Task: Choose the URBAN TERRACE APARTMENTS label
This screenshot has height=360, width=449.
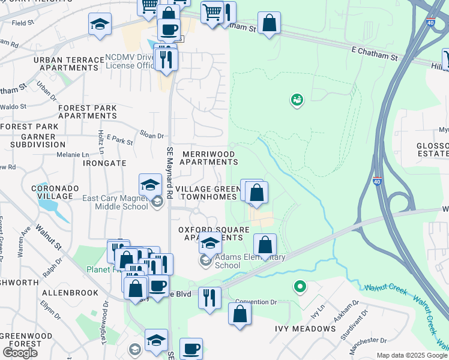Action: click(x=69, y=64)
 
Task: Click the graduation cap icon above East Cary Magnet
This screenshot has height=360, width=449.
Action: click(x=150, y=184)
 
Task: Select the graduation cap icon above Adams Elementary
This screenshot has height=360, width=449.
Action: click(x=209, y=243)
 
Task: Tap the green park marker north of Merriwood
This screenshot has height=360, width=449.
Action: click(x=297, y=100)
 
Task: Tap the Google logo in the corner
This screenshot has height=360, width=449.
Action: click(x=20, y=353)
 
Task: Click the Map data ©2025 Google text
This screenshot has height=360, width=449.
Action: click(x=412, y=355)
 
